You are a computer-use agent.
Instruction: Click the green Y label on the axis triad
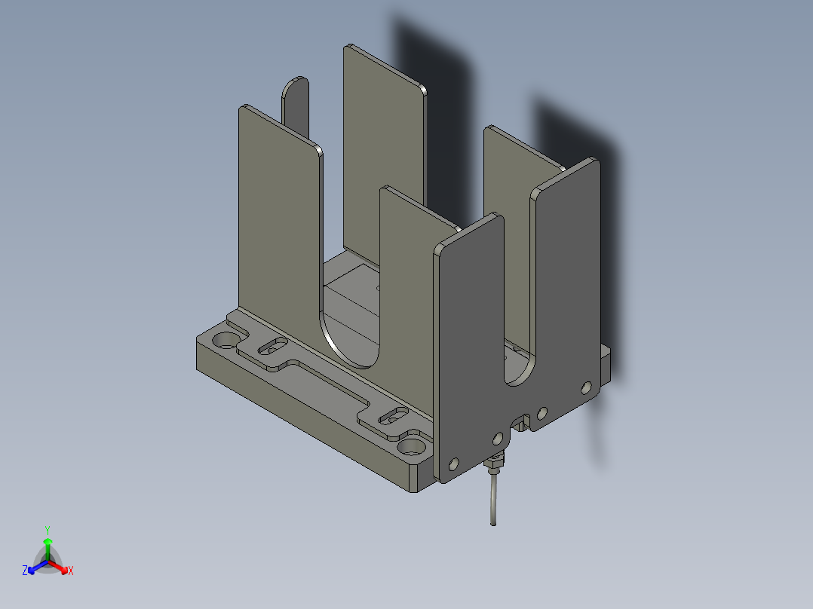pyautogui.click(x=48, y=529)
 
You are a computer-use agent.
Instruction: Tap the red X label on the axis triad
pyautogui.click(x=70, y=571)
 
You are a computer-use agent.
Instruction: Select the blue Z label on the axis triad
pyautogui.click(x=25, y=571)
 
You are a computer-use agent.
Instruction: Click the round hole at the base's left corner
pyautogui.click(x=224, y=340)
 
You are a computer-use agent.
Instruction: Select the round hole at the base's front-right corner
pyautogui.click(x=411, y=446)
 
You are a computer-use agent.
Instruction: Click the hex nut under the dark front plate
pyautogui.click(x=495, y=461)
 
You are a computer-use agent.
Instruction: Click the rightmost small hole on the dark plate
pyautogui.click(x=586, y=387)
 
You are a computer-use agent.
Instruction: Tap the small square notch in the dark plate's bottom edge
pyautogui.click(x=520, y=423)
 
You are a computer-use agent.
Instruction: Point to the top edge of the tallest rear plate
pyautogui.click(x=385, y=66)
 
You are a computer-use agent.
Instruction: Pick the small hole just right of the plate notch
pyautogui.click(x=541, y=413)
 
